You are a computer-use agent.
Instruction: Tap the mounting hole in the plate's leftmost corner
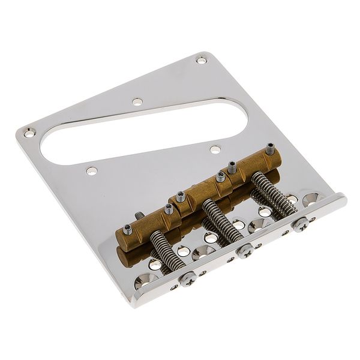[x=26, y=131]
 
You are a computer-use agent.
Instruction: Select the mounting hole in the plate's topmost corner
[x=200, y=59]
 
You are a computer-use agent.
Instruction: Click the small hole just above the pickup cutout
[x=137, y=101]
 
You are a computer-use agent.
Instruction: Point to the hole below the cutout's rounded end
[x=91, y=171]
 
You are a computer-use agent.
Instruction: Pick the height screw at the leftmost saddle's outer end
[x=128, y=229]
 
